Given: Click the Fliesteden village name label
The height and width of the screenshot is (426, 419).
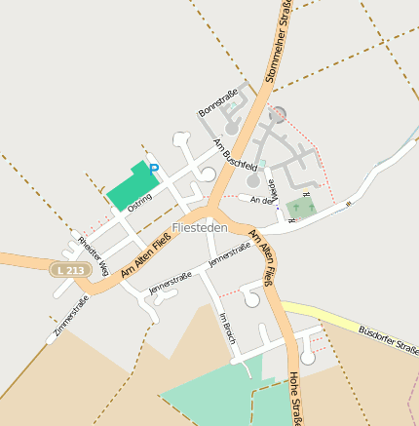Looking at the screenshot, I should click(x=199, y=227).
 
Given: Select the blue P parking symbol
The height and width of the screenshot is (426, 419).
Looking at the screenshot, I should click(x=153, y=168).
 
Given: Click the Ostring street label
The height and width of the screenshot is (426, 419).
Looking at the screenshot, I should click(x=139, y=196).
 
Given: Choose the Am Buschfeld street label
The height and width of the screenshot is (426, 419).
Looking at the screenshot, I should click(x=235, y=153).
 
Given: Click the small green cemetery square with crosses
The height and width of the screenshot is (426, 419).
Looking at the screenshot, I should click(x=301, y=208).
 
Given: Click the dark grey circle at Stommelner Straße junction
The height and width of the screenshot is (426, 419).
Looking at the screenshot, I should click(x=278, y=114).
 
